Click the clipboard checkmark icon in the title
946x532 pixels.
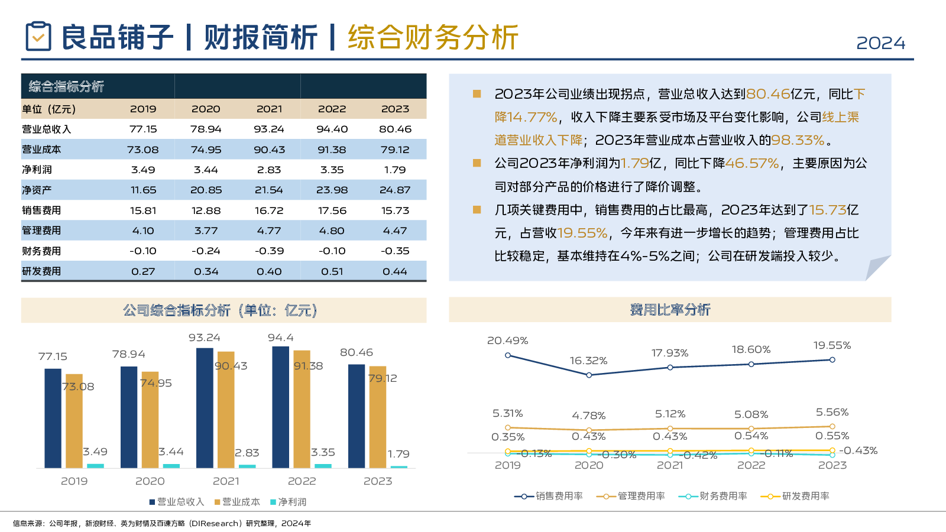click(38, 36)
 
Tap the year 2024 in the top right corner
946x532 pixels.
click(880, 43)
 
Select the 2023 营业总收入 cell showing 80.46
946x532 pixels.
click(395, 129)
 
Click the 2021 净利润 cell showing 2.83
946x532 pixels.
click(269, 170)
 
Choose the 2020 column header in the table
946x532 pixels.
click(206, 109)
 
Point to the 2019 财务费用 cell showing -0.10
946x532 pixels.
click(143, 251)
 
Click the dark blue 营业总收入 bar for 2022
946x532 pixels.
click(280, 407)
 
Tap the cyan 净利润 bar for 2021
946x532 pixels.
click(247, 466)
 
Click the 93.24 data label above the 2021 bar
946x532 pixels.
click(205, 338)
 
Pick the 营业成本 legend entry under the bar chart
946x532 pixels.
click(237, 502)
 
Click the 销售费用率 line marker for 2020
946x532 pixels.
click(589, 375)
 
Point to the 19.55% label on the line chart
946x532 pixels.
click(832, 345)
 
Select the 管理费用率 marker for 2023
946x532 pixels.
click(832, 426)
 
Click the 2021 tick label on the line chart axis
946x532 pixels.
click(670, 465)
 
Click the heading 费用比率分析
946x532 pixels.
click(670, 310)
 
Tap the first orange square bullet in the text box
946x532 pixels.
click(477, 94)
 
